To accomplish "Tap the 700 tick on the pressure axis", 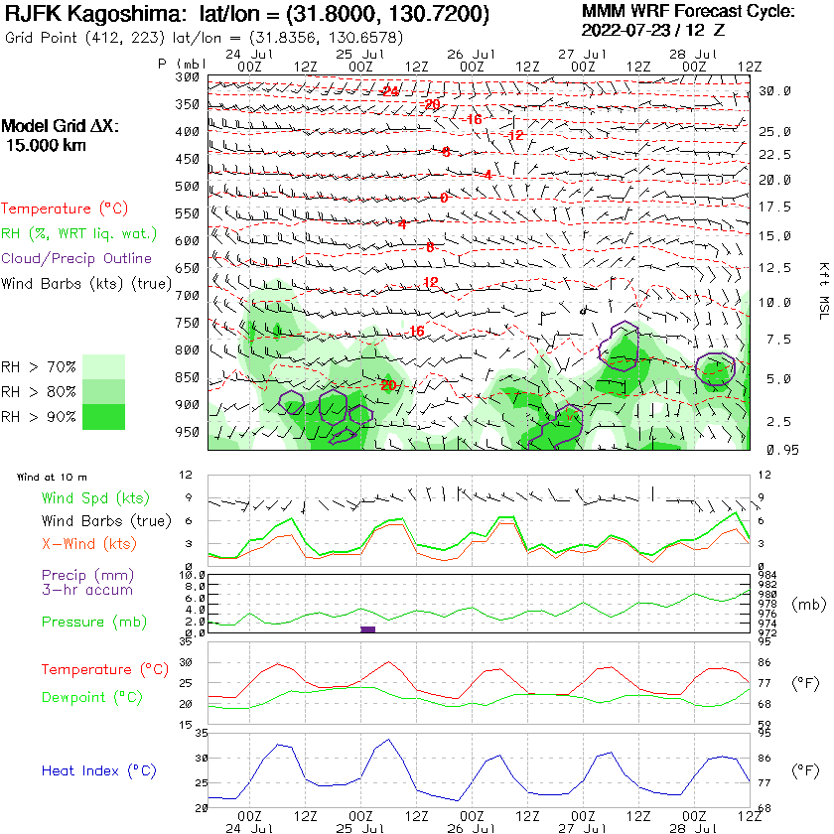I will [x=187, y=296].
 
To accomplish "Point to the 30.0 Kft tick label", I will [x=774, y=91].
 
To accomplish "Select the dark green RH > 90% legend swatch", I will [x=104, y=416].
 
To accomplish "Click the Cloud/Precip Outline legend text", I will [x=76, y=258].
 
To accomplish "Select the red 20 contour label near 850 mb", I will [x=388, y=385].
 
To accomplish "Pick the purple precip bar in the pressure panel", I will [x=367, y=629].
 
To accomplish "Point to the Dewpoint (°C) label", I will [x=92, y=698].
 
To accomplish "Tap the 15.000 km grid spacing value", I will [x=46, y=145].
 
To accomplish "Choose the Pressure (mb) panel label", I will [x=90, y=623].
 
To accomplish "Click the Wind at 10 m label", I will [x=52, y=478].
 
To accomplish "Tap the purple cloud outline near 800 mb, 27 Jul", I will [x=625, y=343].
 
